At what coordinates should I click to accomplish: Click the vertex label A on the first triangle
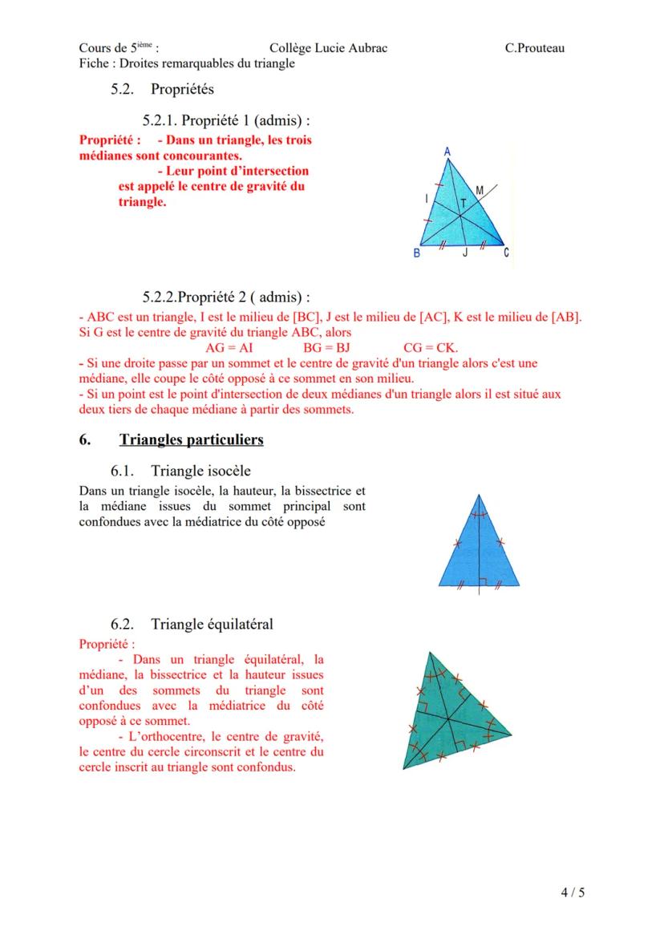pyautogui.click(x=447, y=150)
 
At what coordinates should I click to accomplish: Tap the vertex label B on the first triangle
pyautogui.click(x=416, y=253)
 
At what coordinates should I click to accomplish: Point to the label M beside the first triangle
pyautogui.click(x=480, y=190)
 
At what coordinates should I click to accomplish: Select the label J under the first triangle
pyautogui.click(x=464, y=254)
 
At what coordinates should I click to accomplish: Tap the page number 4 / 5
pyautogui.click(x=573, y=892)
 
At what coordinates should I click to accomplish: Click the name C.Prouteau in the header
pyautogui.click(x=534, y=48)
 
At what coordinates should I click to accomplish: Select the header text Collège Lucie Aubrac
pyautogui.click(x=328, y=48)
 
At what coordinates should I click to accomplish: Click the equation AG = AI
pyautogui.click(x=229, y=347)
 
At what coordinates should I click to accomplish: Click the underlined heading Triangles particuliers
pyautogui.click(x=191, y=440)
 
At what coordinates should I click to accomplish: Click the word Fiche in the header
pyautogui.click(x=95, y=63)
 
